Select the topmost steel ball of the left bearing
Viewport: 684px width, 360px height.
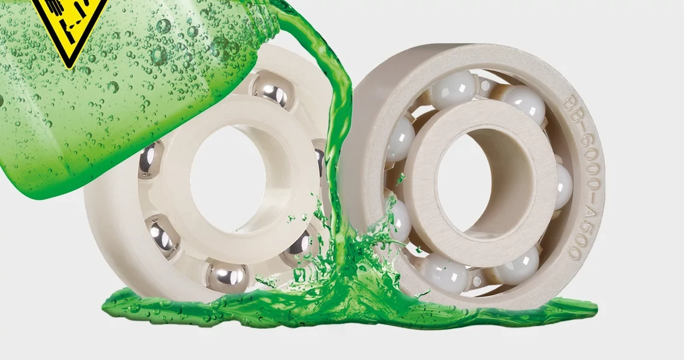pos(270,90)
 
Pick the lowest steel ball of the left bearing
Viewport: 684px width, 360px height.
pos(226,277)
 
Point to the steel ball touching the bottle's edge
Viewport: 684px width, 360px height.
pos(150,161)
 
